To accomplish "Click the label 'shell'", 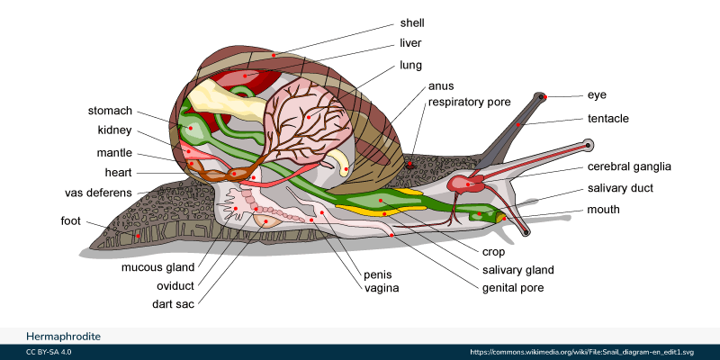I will tap(412, 22).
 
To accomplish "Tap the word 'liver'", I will tap(411, 43).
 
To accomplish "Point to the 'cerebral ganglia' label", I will tap(629, 166).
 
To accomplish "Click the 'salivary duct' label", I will tap(620, 188).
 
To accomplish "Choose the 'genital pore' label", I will tap(513, 288).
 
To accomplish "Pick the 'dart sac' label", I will tap(173, 304).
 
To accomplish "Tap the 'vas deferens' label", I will tap(99, 193).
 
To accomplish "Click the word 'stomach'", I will tap(110, 112).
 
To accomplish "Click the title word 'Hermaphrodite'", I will tap(63, 336).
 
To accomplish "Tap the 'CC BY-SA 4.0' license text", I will tap(49, 352).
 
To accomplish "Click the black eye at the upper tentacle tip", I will tap(542, 96).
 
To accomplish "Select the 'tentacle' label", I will tap(607, 119).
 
